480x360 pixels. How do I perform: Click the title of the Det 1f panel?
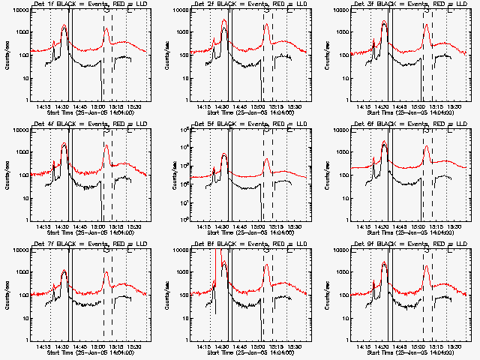[x=91, y=4]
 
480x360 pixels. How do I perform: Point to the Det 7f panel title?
[x=91, y=244]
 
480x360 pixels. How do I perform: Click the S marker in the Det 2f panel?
[x=266, y=10]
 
